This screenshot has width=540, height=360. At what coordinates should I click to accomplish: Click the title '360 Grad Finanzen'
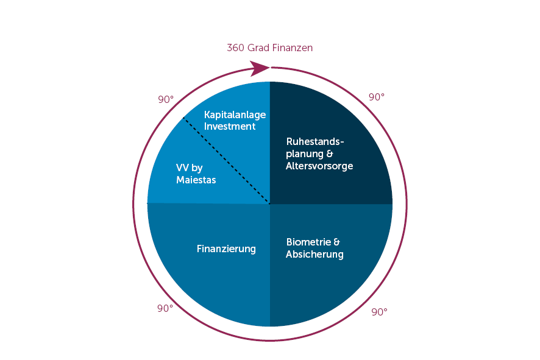point(269,48)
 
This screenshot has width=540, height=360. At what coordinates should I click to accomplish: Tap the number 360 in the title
point(236,48)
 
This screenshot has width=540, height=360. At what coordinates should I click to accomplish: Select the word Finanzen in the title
point(293,48)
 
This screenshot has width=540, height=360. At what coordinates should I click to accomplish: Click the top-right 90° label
point(377,97)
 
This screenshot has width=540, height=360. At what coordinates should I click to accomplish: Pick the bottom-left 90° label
point(165,308)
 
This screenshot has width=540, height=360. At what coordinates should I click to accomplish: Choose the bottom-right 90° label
point(379,312)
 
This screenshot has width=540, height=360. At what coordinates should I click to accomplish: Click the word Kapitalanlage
point(235,115)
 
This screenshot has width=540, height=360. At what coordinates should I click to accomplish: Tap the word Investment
point(230,126)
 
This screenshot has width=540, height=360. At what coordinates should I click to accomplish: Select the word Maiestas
point(196,180)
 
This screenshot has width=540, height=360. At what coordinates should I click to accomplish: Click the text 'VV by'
point(189,168)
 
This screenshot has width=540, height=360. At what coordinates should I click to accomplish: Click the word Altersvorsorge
point(319,166)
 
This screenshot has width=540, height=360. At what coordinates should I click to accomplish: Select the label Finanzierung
point(226,249)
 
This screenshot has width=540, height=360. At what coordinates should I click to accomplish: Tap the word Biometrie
point(308,242)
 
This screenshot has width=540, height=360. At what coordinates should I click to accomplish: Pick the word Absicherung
point(314,254)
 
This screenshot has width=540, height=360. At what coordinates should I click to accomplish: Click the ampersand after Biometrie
point(336,242)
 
